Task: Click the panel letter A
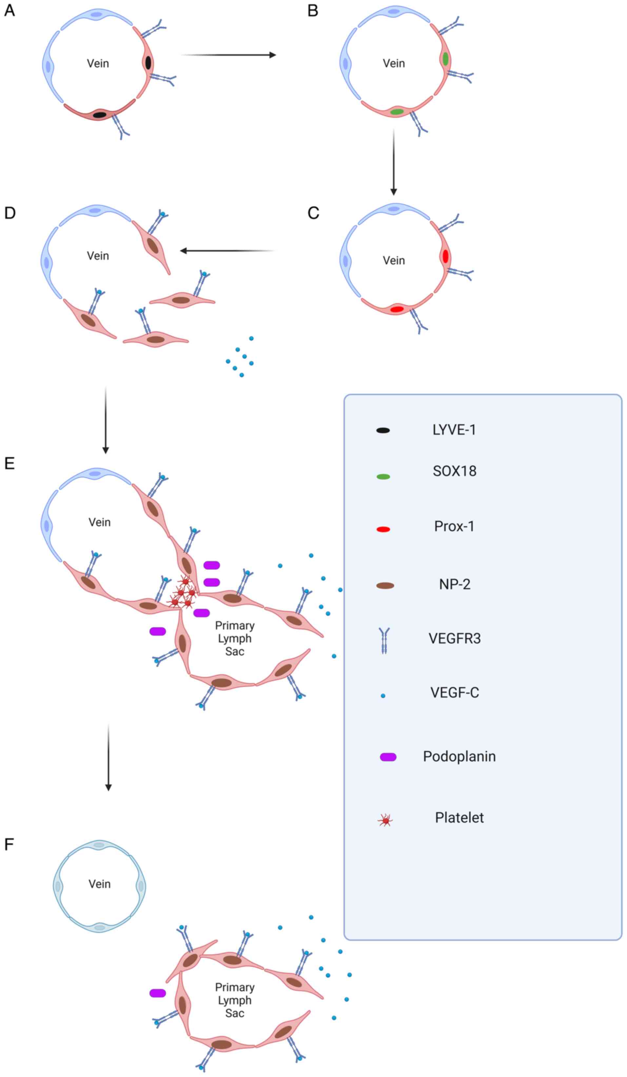click(x=10, y=10)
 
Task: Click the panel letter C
click(x=313, y=213)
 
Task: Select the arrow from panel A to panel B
click(x=229, y=55)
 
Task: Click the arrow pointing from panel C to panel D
click(x=227, y=251)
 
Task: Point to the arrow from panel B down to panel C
click(x=394, y=163)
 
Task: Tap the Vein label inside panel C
click(x=394, y=260)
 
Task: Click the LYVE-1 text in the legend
click(x=454, y=429)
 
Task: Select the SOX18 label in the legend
click(x=454, y=471)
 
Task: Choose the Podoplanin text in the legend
click(x=460, y=756)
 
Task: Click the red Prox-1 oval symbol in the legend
click(x=383, y=529)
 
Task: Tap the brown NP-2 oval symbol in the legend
click(x=385, y=585)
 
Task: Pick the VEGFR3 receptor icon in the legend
click(x=384, y=641)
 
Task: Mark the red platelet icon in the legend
click(x=385, y=820)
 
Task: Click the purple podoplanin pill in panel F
click(x=158, y=993)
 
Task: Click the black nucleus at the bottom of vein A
click(x=100, y=114)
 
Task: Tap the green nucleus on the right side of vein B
click(x=445, y=59)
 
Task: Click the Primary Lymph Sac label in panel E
click(x=235, y=638)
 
